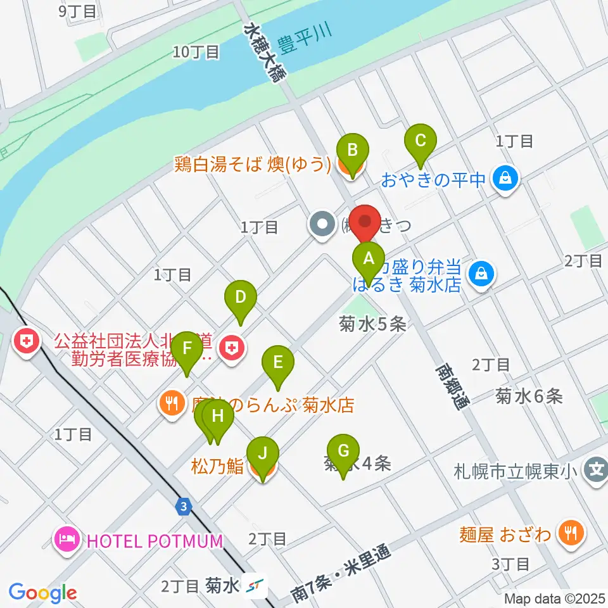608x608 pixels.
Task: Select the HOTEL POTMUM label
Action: (x=155, y=541)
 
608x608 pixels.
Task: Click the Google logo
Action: (x=42, y=592)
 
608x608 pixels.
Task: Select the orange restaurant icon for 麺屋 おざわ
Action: (x=571, y=534)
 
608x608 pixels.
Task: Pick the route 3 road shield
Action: (x=183, y=507)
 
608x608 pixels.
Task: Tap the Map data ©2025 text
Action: (x=555, y=598)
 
